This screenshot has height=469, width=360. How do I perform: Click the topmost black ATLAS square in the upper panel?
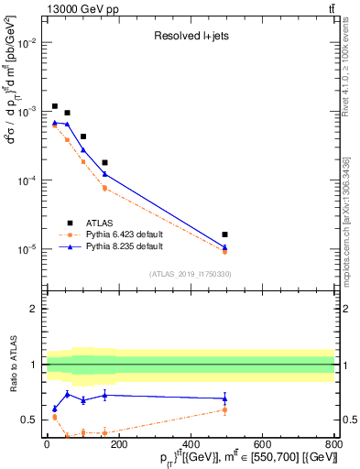pos(55,106)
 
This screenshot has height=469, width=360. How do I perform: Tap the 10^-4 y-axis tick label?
pos(27,180)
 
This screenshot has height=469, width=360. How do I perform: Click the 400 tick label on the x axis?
pos(191,444)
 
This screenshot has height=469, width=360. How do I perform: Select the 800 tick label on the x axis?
pos(334,444)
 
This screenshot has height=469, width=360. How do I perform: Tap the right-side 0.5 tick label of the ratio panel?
pos(348,420)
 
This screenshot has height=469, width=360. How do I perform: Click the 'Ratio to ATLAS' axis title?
pos(11,364)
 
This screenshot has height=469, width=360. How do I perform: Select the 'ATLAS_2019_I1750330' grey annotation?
pos(190,274)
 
